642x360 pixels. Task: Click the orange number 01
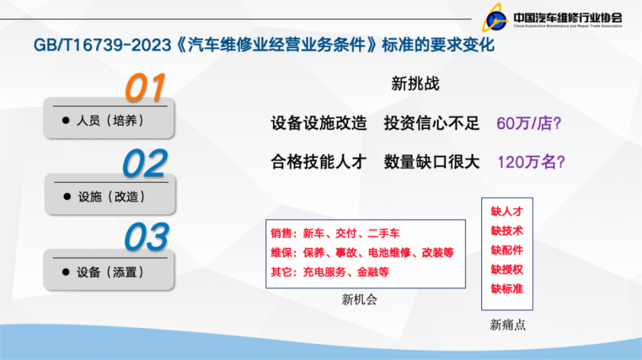[x=145, y=88]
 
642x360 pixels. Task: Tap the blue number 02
[x=144, y=164]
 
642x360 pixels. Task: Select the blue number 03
[x=146, y=238]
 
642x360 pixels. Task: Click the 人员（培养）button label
[x=111, y=120]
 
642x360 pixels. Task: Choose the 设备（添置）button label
[x=111, y=272]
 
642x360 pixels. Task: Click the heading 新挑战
[x=415, y=84]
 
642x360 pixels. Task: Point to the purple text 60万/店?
[x=528, y=123]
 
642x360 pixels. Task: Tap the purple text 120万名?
[x=532, y=162]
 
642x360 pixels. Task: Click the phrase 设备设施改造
[x=319, y=123]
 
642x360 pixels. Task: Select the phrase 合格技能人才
[x=319, y=162]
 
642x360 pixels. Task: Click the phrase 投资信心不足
[x=432, y=123]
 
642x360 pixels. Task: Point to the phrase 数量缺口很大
[x=432, y=162]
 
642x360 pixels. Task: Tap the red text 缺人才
[x=507, y=211]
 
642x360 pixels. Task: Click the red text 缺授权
[x=507, y=270]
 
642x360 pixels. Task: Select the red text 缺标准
[x=507, y=289]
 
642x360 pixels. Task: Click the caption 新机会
[x=359, y=300]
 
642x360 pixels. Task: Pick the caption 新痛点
[x=508, y=325]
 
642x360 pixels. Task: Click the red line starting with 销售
[x=335, y=234]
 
